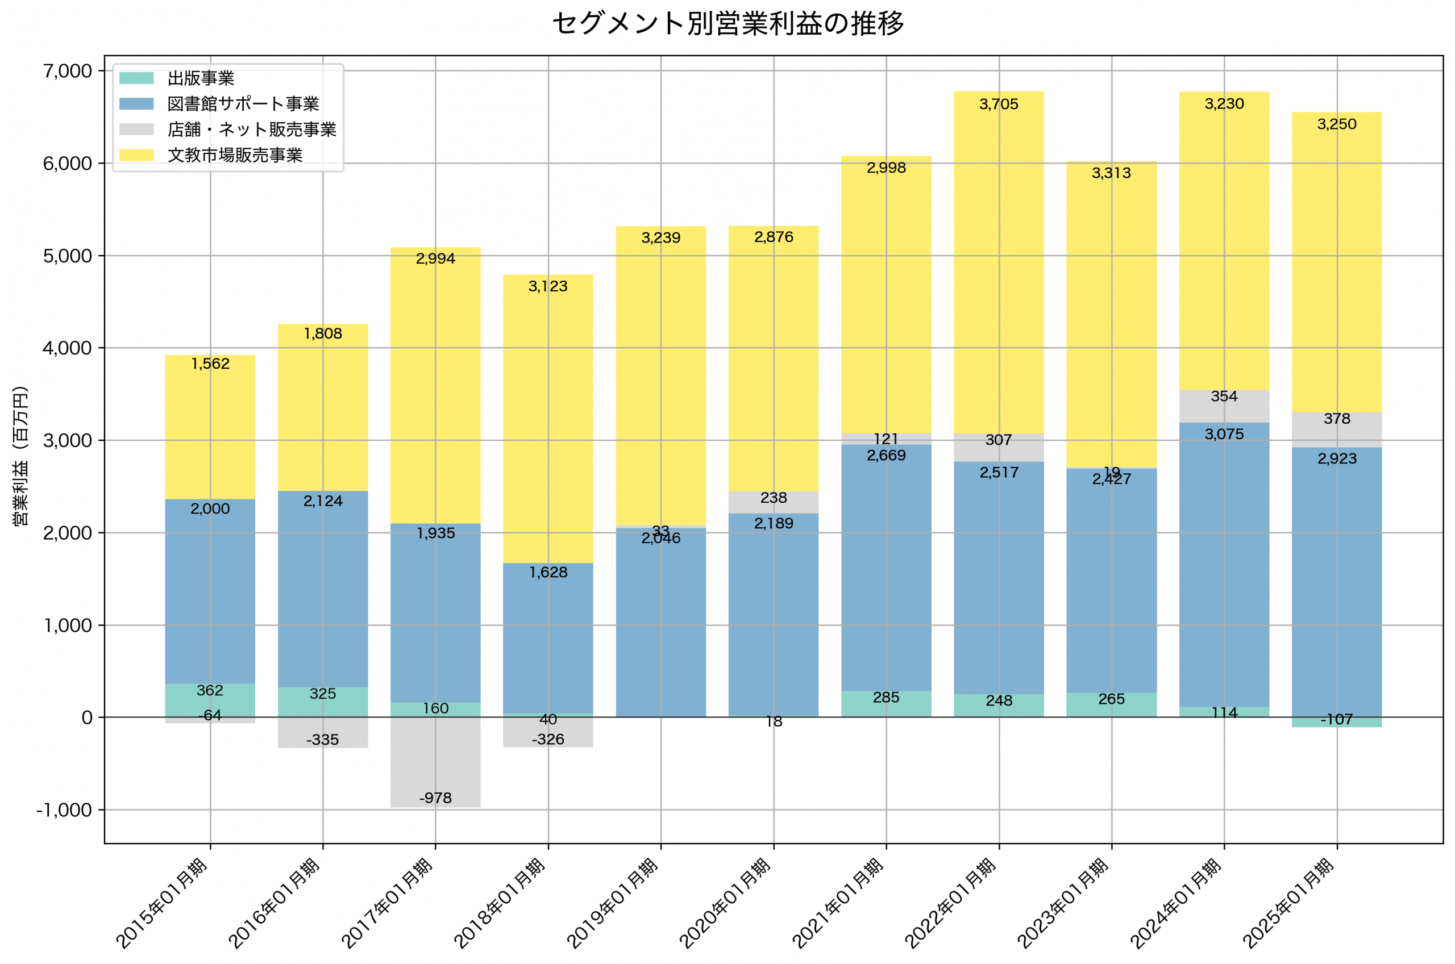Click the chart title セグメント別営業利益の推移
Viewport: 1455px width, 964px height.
click(x=727, y=24)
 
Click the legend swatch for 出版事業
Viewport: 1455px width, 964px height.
click(x=136, y=78)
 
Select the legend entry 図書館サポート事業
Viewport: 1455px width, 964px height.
click(x=243, y=104)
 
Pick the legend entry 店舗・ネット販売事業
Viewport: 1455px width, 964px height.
click(x=252, y=130)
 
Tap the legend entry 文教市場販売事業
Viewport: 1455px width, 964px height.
click(x=235, y=156)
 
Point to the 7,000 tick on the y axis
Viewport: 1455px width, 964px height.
click(x=68, y=72)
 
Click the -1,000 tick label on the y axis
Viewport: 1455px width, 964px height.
click(x=64, y=810)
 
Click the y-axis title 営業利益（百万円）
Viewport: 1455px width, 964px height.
click(x=20, y=456)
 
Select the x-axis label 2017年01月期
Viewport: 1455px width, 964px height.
click(x=388, y=904)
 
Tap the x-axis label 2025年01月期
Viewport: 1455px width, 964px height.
click(x=1288, y=904)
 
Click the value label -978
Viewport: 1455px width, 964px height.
click(x=435, y=798)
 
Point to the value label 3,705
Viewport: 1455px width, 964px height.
click(x=999, y=105)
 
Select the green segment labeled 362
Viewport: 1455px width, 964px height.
click(x=210, y=700)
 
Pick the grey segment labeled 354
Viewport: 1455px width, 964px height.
click(x=1224, y=406)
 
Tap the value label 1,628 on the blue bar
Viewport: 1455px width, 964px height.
click(x=548, y=573)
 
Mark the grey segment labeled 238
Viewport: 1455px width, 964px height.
click(x=773, y=502)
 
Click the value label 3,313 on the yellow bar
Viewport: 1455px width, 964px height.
click(x=1111, y=173)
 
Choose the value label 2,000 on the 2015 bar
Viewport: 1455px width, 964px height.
click(x=210, y=509)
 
